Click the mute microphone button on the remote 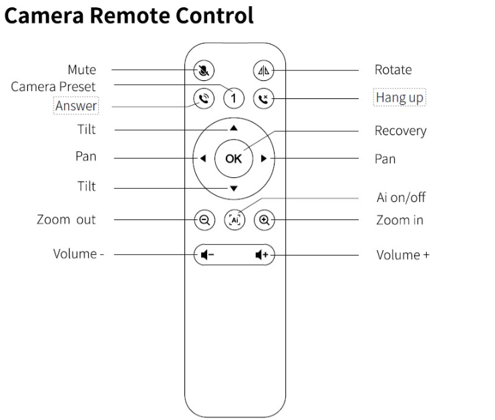point(204,70)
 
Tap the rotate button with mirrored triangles point(264,70)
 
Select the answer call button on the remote point(204,98)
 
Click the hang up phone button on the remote point(264,98)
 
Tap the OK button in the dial point(234,159)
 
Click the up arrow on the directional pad point(234,128)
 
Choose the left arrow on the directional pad point(203,159)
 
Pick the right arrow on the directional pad point(264,159)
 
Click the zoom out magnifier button point(204,219)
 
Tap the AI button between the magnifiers point(234,219)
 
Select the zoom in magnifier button point(265,219)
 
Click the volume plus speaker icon point(262,254)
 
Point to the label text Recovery point(400,131)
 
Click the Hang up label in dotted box point(399,98)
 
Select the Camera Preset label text point(53,86)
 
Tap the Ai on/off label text point(401,197)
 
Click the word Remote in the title point(130,15)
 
